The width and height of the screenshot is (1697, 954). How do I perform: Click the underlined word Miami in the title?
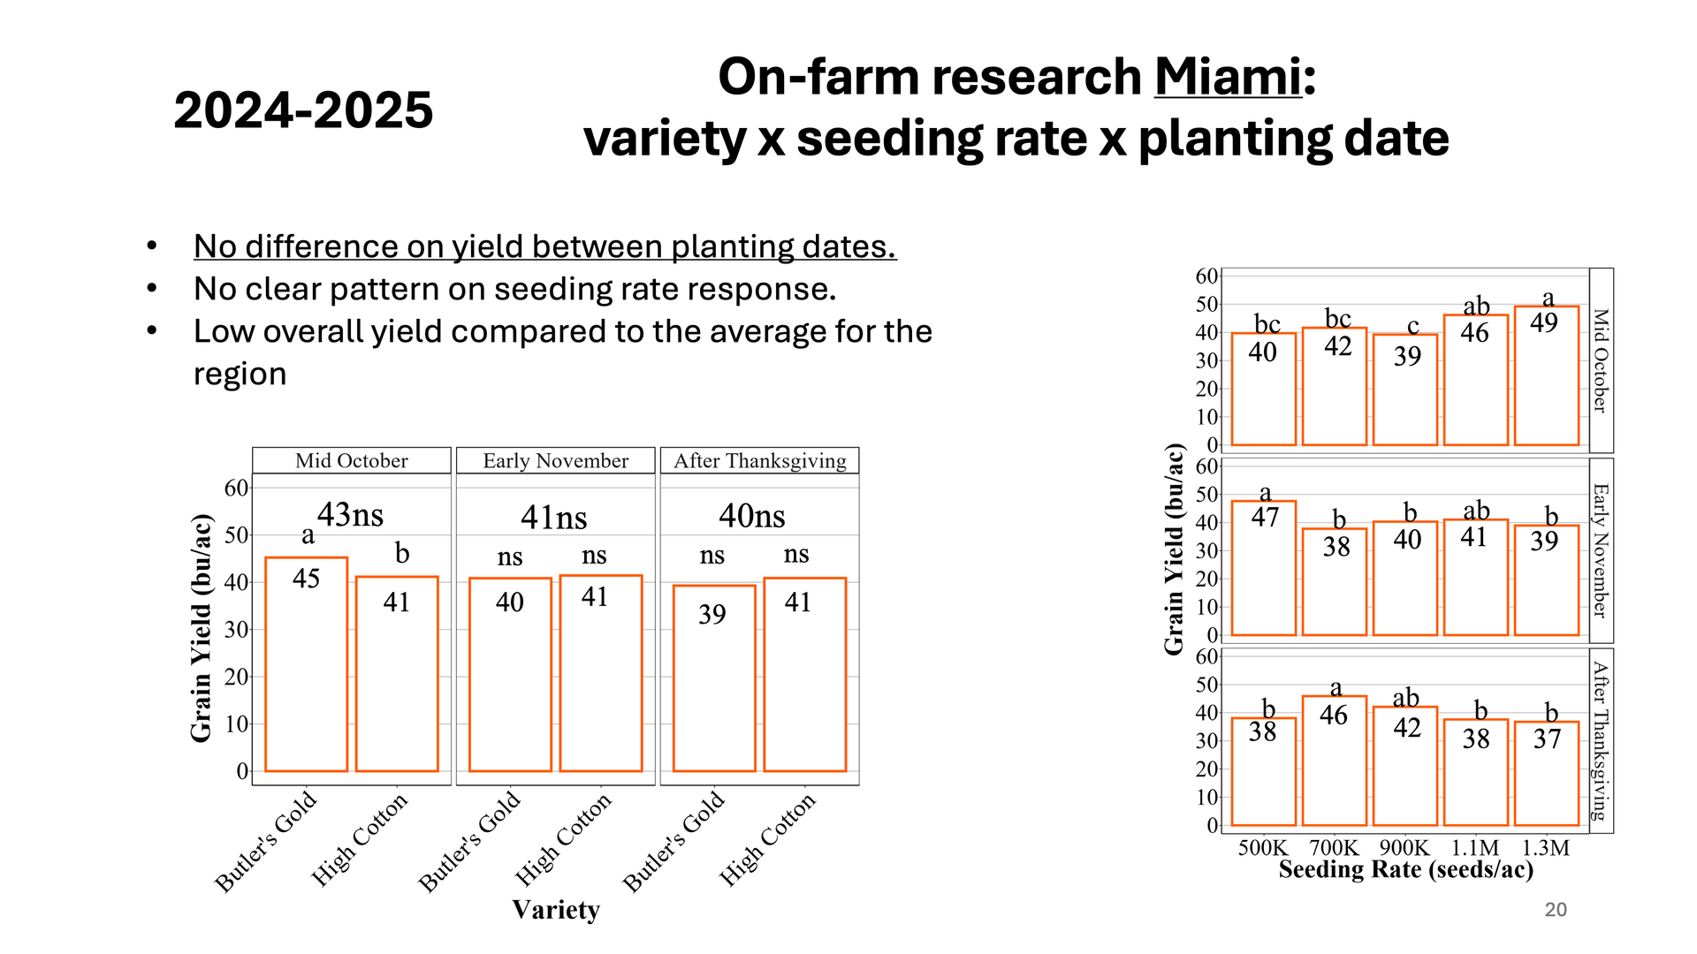(x=1228, y=77)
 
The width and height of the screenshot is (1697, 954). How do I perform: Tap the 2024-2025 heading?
(x=303, y=110)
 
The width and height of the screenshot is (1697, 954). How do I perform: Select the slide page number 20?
(x=1556, y=910)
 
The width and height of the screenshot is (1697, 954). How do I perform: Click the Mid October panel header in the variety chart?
(x=351, y=460)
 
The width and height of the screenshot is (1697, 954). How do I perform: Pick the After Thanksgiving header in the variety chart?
(x=759, y=460)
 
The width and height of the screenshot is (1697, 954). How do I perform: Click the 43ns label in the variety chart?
(x=350, y=514)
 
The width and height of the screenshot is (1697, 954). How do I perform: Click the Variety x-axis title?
(x=555, y=910)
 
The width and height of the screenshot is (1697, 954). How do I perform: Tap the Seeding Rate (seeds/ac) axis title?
(x=1405, y=870)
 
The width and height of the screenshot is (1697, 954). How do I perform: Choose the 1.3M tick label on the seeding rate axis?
(x=1545, y=848)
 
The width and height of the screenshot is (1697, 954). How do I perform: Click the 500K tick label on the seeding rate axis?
(x=1263, y=848)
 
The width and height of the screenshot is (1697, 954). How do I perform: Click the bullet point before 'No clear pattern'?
(x=152, y=288)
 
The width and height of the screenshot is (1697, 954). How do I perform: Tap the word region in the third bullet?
(x=240, y=374)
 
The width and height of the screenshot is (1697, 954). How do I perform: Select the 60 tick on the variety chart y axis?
(x=236, y=488)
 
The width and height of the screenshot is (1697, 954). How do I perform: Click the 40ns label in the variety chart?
(x=751, y=516)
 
